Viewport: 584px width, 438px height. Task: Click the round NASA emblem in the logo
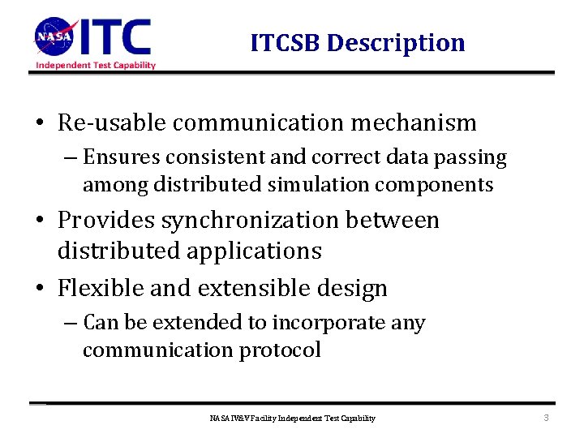pos(54,36)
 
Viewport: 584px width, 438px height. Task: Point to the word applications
pos(254,251)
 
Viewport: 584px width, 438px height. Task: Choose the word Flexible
pos(105,288)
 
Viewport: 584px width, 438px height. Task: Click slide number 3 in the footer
pos(546,418)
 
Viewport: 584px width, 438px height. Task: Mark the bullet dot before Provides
pos(40,221)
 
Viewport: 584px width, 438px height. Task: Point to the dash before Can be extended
pos(71,323)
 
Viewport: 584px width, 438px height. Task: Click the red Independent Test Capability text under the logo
pos(95,65)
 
